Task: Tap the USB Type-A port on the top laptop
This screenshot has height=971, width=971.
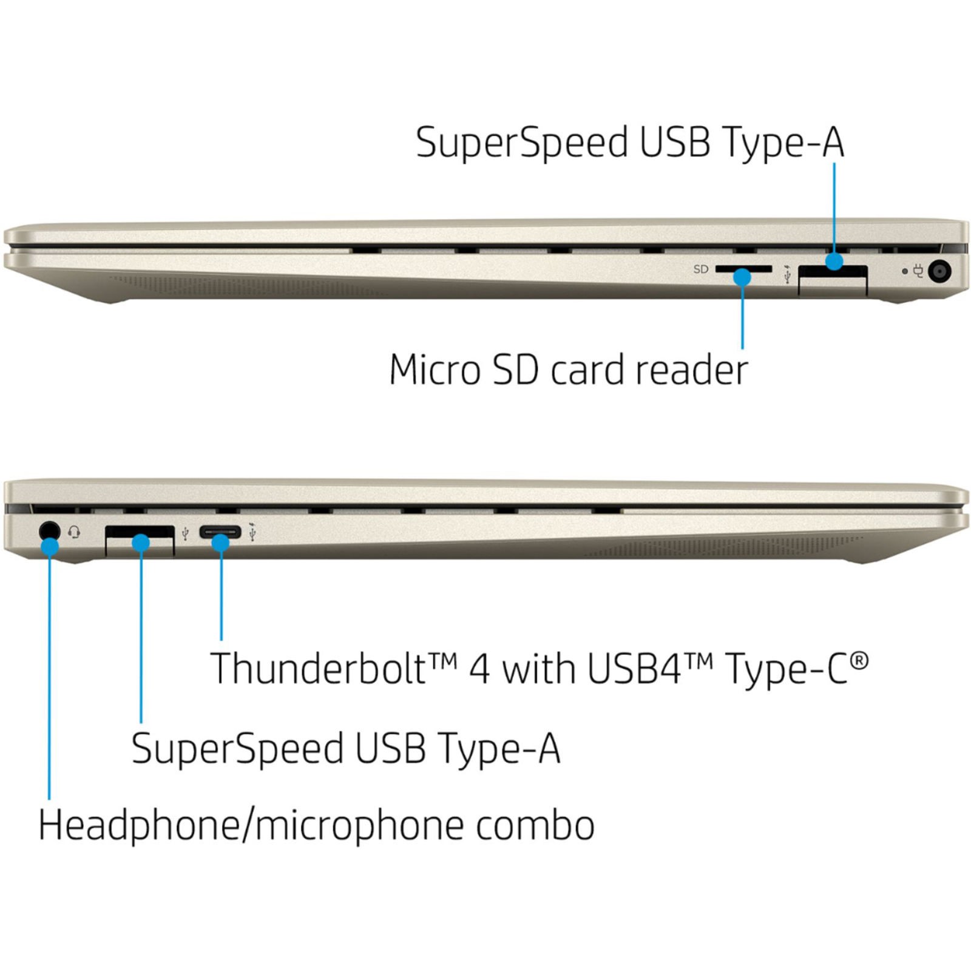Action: pyautogui.click(x=832, y=280)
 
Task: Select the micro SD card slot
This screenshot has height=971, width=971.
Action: pyautogui.click(x=743, y=268)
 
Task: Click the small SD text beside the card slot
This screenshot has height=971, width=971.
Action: pyautogui.click(x=700, y=269)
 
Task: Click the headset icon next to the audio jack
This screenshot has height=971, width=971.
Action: pyautogui.click(x=74, y=532)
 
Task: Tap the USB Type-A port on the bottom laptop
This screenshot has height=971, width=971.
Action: pyautogui.click(x=140, y=540)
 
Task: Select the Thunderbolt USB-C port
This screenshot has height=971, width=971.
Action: pyautogui.click(x=220, y=533)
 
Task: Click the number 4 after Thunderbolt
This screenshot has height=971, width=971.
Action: pyautogui.click(x=479, y=668)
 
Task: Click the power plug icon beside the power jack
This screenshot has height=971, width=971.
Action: pyautogui.click(x=918, y=271)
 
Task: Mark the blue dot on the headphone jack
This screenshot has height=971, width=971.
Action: pyautogui.click(x=50, y=547)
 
